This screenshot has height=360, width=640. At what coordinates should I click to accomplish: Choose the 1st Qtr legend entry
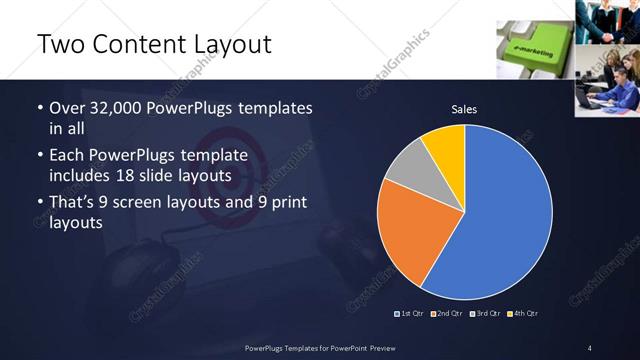(x=411, y=314)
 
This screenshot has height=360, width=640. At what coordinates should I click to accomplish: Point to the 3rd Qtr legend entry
(x=486, y=314)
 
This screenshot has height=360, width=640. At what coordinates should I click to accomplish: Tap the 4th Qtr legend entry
(x=523, y=314)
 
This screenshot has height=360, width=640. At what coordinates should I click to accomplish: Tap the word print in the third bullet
(x=285, y=204)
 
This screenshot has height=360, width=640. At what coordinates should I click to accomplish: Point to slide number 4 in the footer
(x=589, y=347)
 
